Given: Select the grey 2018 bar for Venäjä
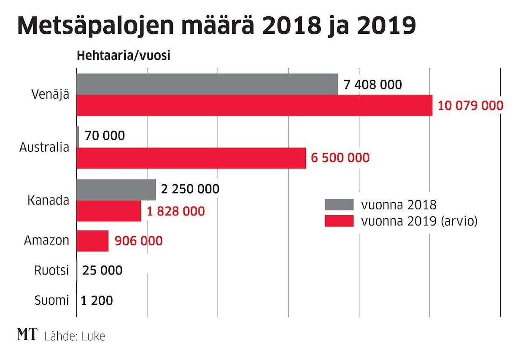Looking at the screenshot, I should click(207, 84).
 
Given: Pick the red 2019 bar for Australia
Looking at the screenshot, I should click(191, 158).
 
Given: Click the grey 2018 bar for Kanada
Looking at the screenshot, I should click(116, 190).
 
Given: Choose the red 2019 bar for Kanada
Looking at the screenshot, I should click(109, 211).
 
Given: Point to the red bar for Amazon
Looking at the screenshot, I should click(92, 241).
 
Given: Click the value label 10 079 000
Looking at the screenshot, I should click(470, 105).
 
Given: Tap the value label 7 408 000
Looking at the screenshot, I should click(372, 84).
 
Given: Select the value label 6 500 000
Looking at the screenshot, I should click(340, 158).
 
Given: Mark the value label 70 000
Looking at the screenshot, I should click(105, 136).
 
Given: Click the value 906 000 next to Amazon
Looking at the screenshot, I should click(138, 241).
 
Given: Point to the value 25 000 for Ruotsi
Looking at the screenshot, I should click(102, 270).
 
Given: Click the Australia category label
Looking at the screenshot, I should click(44, 148).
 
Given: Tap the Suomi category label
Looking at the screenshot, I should click(52, 301).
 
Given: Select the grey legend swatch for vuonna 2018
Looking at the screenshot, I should click(339, 204).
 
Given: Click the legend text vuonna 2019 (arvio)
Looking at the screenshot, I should click(419, 221).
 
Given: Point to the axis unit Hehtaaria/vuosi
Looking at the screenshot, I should click(123, 56).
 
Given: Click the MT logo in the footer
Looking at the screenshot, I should click(28, 335).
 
